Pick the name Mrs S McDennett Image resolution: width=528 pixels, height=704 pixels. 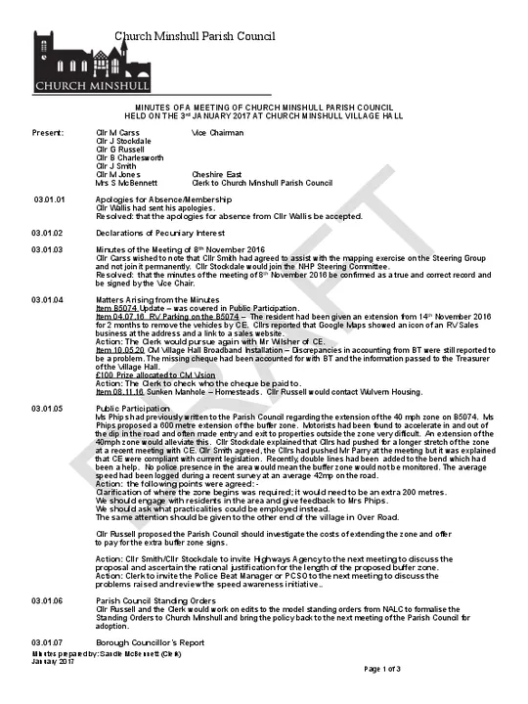coord(126,182)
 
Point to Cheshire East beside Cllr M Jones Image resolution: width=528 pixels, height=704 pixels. coord(217,173)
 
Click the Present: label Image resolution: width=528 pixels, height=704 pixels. coord(48,130)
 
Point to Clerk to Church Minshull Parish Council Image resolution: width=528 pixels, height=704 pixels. coord(263,182)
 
